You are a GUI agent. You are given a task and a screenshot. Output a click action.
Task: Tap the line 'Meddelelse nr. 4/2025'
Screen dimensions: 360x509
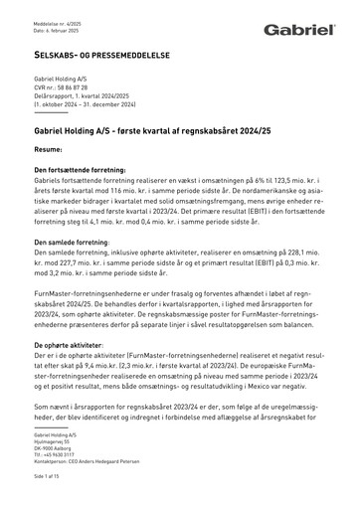[x=56, y=10]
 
